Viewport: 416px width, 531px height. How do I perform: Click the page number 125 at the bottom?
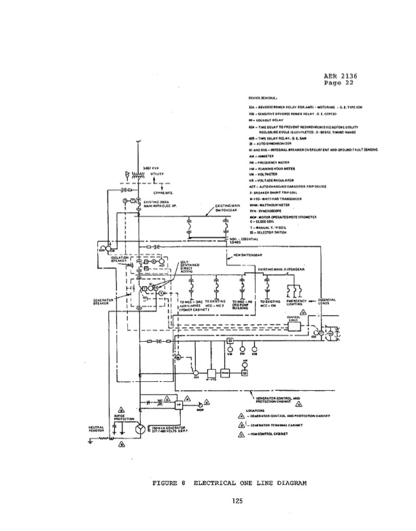pyautogui.click(x=209, y=501)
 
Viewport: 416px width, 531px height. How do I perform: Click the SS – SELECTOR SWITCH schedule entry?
pyautogui.click(x=273, y=233)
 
